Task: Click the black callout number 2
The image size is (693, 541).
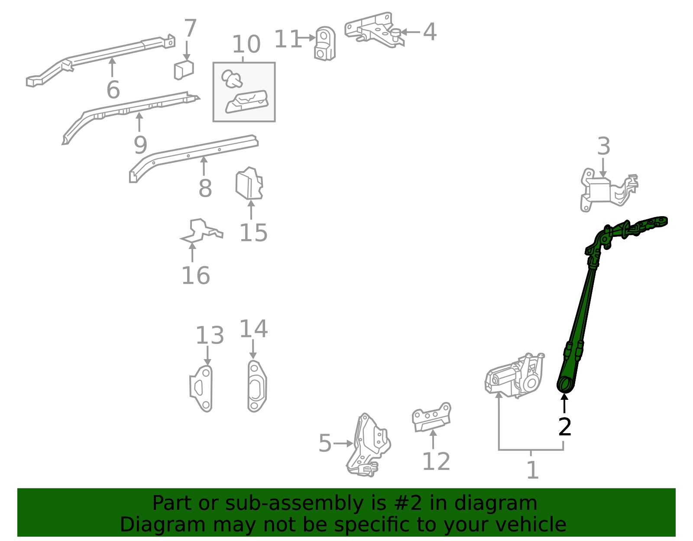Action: [565, 427]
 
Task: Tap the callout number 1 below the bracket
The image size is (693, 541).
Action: [532, 470]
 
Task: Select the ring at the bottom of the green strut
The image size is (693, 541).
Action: [564, 384]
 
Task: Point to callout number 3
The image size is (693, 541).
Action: [603, 147]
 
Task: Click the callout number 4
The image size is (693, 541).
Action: [429, 32]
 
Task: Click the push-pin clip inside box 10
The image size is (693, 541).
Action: [232, 78]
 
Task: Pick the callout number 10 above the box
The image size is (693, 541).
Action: [246, 44]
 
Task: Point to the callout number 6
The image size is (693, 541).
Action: [113, 90]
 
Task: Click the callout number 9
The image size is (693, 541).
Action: [140, 145]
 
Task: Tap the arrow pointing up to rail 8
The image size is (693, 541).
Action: [204, 165]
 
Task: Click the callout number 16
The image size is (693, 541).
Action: [195, 276]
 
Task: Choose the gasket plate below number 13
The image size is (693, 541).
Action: [202, 388]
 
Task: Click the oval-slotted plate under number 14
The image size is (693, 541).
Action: [257, 386]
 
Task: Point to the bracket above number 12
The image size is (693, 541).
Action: [431, 417]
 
